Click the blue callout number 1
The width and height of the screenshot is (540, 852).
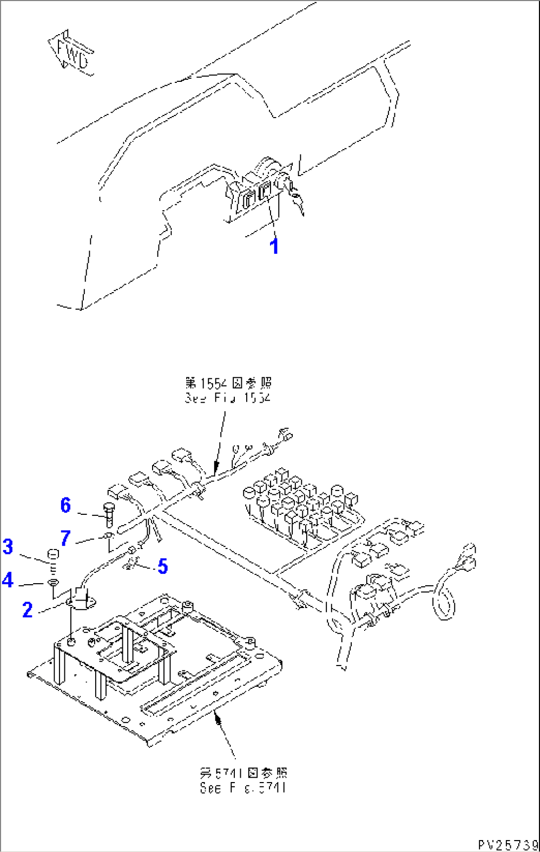tap(274, 246)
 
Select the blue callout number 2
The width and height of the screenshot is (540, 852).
tap(27, 610)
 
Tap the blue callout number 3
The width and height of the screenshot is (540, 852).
tap(8, 547)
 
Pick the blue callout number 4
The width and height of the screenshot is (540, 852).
tap(7, 580)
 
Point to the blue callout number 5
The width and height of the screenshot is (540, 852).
tap(162, 566)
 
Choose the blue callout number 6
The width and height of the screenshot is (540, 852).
tap(66, 505)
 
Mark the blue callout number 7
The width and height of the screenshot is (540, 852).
tap(65, 538)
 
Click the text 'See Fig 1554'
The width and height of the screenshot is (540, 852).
tap(228, 398)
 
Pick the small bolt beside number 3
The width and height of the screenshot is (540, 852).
tap(53, 556)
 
